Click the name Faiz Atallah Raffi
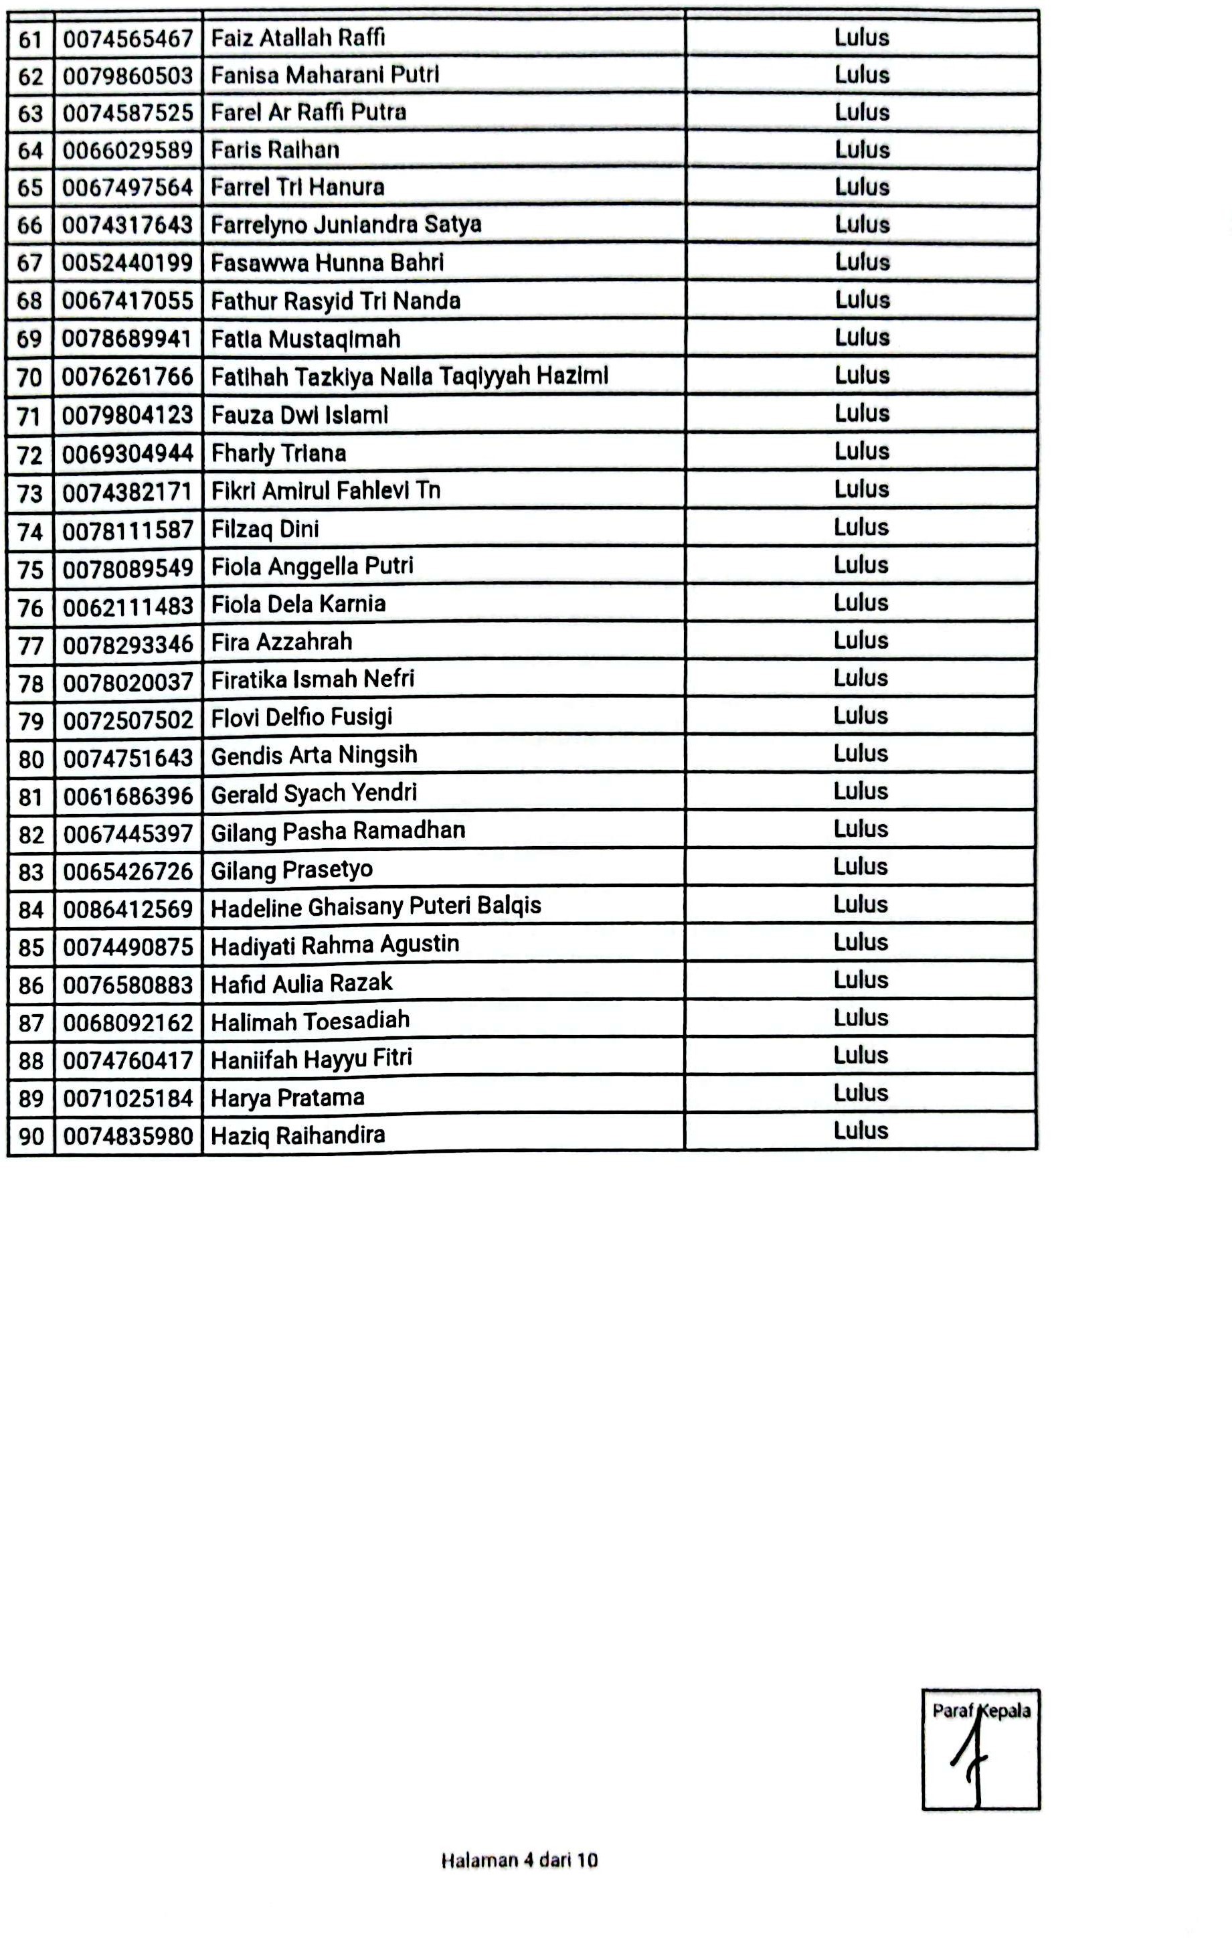[x=298, y=38]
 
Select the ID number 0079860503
[x=128, y=76]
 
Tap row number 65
[x=29, y=187]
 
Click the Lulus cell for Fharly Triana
[x=861, y=451]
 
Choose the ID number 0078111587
[x=128, y=530]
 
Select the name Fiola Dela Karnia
[x=298, y=604]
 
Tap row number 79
[x=31, y=720]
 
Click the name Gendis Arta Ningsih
[x=314, y=755]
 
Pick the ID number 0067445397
[x=128, y=834]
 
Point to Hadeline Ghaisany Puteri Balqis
[x=376, y=906]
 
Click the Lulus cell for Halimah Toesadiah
[x=860, y=1018]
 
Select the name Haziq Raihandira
[x=298, y=1135]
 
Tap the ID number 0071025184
[x=128, y=1098]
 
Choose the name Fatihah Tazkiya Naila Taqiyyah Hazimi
[x=410, y=376]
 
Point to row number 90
[x=31, y=1135]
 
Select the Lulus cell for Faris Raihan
[x=861, y=150]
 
